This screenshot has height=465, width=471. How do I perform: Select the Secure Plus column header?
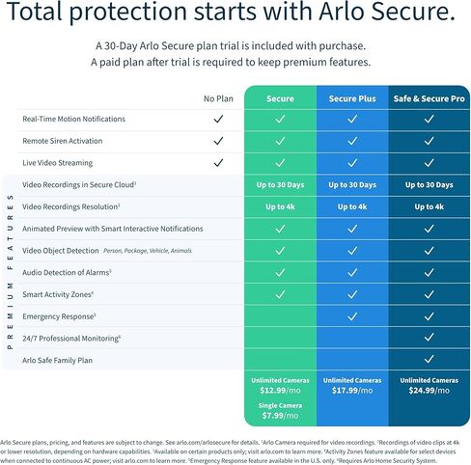pyautogui.click(x=351, y=98)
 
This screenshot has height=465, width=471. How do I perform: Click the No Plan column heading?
pyautogui.click(x=219, y=98)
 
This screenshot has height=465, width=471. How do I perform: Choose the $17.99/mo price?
pyautogui.click(x=351, y=390)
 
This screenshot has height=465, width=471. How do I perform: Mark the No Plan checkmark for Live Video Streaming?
pyautogui.click(x=219, y=164)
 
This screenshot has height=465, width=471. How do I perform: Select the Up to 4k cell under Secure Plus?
pyautogui.click(x=351, y=207)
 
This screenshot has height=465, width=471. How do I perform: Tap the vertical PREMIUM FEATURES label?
pyautogui.click(x=10, y=273)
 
